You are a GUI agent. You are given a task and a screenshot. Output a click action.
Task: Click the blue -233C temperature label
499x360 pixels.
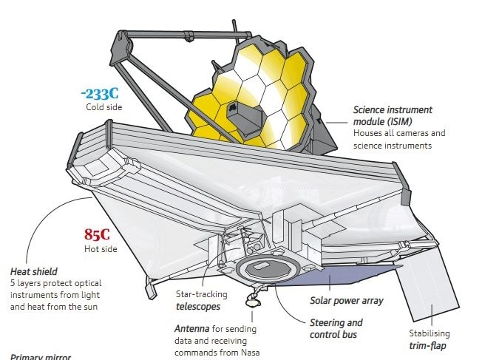[x=100, y=94]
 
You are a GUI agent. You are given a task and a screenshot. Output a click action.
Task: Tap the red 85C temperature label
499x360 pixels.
[x=97, y=234]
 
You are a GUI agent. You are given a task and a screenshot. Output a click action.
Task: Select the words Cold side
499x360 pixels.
[x=104, y=107]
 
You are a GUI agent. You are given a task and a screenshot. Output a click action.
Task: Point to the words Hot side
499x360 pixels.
[x=101, y=249]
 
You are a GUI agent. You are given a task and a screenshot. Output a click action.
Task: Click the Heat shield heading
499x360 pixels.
[x=34, y=271]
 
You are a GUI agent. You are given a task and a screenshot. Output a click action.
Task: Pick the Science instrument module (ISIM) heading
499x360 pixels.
[x=393, y=115]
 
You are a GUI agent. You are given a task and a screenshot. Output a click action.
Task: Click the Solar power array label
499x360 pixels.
[x=347, y=301]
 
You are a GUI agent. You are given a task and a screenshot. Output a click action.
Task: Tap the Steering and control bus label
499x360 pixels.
[x=336, y=328]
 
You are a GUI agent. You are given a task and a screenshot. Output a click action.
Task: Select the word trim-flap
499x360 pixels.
[x=427, y=346]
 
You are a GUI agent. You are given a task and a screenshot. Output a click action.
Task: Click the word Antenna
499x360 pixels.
[x=192, y=329]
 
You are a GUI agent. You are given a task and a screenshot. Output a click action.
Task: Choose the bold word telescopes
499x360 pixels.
[x=198, y=307]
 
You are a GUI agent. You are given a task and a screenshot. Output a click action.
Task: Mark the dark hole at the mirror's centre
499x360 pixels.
[x=233, y=108]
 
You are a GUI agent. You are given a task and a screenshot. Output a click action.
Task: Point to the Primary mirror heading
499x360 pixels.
[x=41, y=357]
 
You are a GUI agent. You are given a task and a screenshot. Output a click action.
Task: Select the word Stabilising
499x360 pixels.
[x=430, y=333]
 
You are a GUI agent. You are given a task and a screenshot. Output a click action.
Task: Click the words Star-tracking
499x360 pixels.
[x=201, y=294]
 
